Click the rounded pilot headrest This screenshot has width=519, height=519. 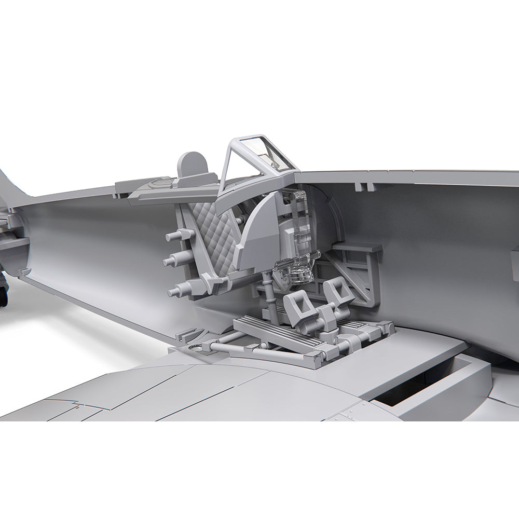tap(193, 164)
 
